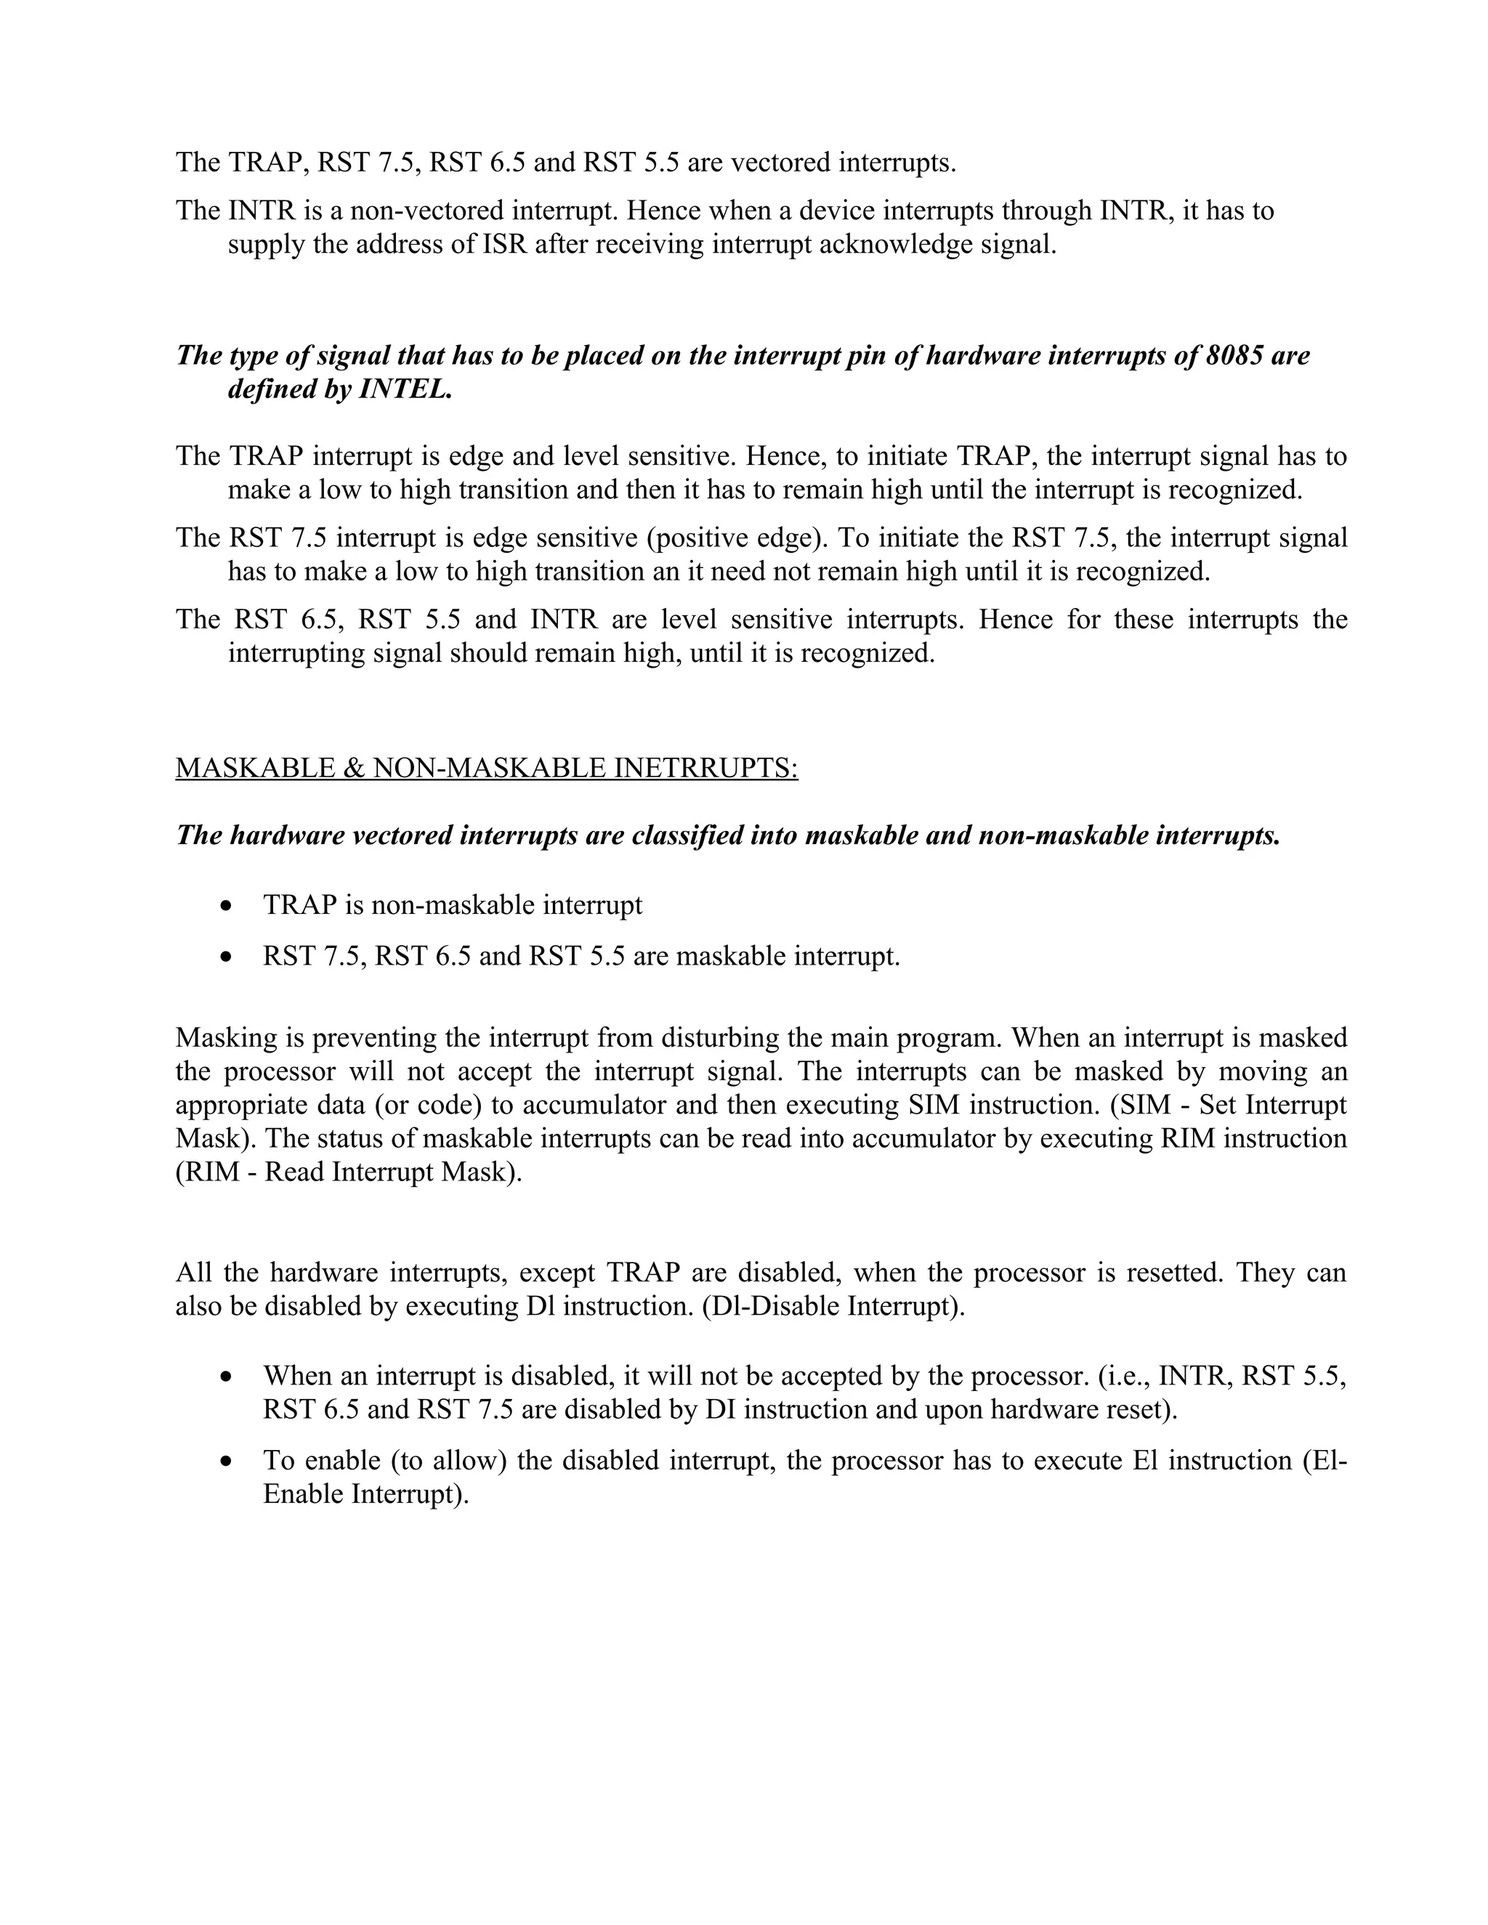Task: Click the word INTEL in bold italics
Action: (405, 389)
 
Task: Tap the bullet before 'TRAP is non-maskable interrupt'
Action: (228, 905)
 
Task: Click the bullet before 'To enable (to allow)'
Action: (228, 1462)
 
